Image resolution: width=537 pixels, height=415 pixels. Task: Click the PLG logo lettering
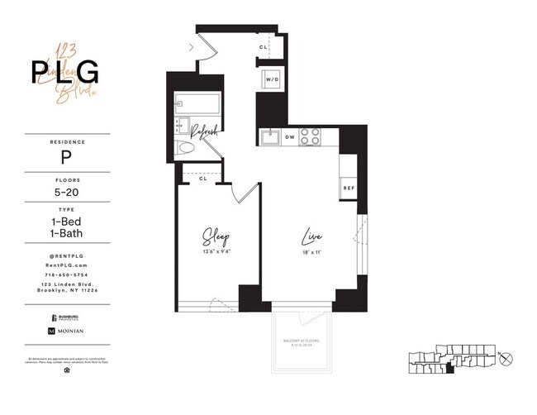point(65,74)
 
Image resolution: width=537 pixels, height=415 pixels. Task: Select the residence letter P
point(65,156)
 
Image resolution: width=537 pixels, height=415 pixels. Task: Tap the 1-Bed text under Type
point(65,222)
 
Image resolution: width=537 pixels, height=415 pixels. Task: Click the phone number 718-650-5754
point(65,274)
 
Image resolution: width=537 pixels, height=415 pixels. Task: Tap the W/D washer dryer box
point(272,80)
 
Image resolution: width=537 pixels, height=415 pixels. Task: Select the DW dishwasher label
point(290,136)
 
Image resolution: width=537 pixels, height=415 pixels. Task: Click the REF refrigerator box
point(349,188)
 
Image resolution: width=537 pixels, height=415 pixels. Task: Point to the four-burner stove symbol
point(311,136)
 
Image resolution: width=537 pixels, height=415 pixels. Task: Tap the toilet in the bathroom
point(188,150)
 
